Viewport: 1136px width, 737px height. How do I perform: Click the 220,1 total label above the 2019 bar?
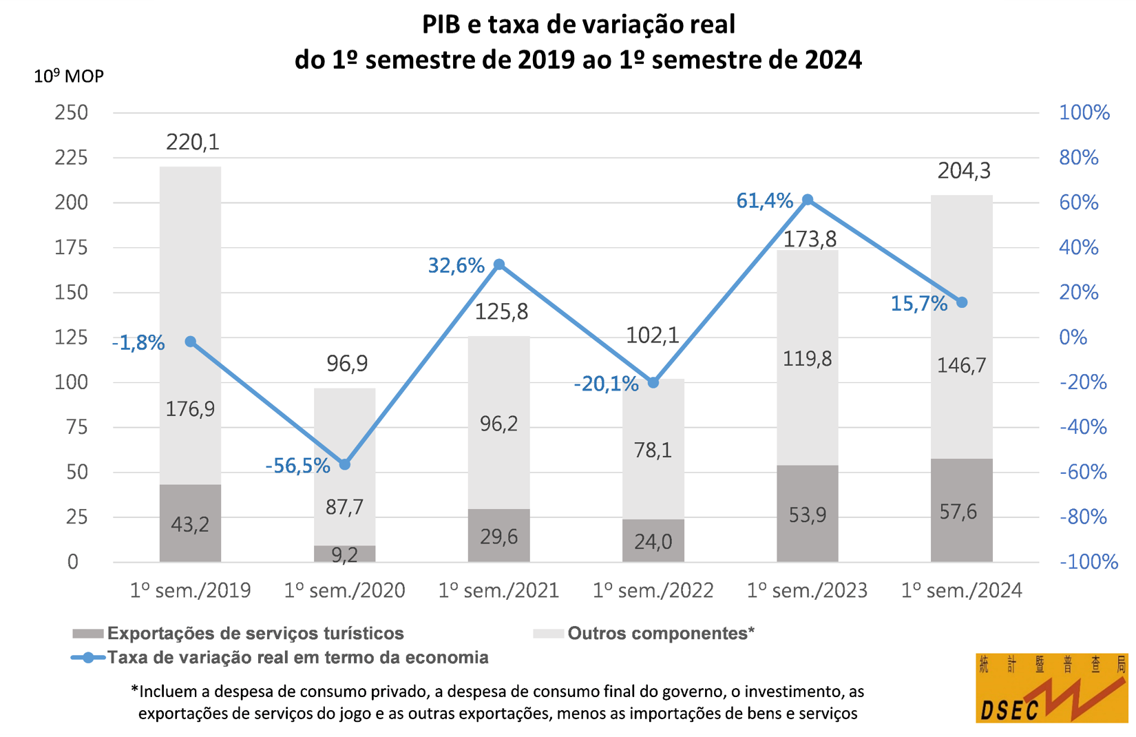click(193, 143)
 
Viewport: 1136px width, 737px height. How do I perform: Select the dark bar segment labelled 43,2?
click(190, 523)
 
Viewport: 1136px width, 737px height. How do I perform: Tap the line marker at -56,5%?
click(345, 464)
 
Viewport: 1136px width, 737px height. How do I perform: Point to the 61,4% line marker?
click(808, 200)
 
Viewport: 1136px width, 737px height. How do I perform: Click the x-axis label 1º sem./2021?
click(498, 590)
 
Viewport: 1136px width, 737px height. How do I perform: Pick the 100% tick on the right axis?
click(1084, 113)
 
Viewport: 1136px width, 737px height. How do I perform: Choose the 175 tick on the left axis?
click(72, 247)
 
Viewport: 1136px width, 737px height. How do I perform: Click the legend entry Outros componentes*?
click(660, 633)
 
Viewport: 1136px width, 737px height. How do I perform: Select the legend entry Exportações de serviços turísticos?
click(255, 633)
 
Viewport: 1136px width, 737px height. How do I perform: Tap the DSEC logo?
click(1051, 688)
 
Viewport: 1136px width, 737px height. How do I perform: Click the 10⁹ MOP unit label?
click(69, 76)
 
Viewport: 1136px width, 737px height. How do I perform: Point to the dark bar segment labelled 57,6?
click(961, 510)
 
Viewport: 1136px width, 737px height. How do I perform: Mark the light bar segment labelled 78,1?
click(653, 450)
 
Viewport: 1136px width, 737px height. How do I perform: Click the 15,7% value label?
click(918, 304)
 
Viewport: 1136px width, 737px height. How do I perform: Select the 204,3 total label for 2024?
click(964, 171)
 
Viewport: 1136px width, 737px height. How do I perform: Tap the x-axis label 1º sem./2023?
click(807, 590)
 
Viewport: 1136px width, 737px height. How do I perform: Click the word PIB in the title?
click(441, 25)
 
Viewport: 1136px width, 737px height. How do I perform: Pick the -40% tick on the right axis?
click(1083, 427)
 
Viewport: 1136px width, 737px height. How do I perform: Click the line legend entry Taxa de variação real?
click(297, 657)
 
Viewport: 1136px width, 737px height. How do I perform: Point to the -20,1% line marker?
click(653, 382)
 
